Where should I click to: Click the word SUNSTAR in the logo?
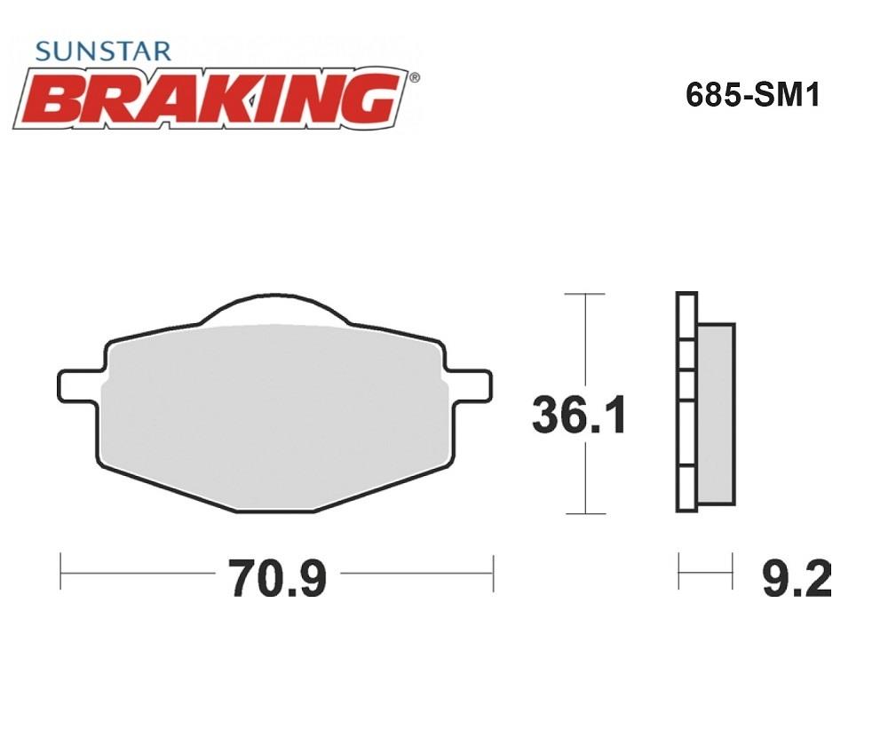(x=102, y=51)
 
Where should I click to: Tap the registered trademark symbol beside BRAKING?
(x=415, y=77)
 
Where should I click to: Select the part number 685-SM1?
(x=752, y=95)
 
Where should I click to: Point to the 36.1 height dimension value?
(x=579, y=416)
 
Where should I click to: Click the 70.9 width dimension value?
(x=277, y=577)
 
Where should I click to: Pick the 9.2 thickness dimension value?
(x=797, y=577)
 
